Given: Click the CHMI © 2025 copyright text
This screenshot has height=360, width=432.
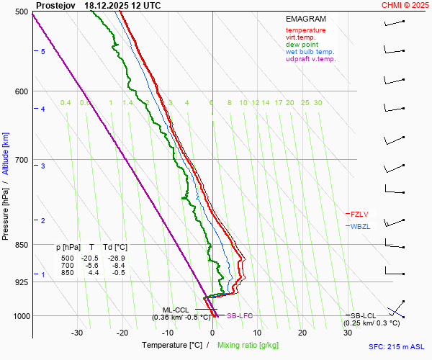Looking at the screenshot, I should click(405, 5).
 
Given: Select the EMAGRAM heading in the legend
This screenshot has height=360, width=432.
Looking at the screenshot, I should click(305, 19).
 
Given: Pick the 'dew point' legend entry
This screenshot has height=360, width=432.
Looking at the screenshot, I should click(302, 45).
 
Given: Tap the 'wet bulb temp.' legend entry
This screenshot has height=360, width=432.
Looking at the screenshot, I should click(310, 52).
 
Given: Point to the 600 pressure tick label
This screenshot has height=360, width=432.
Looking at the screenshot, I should click(20, 91).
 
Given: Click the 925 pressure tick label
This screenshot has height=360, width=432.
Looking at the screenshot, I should click(20, 282).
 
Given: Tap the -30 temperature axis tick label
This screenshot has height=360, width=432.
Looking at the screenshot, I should click(77, 333).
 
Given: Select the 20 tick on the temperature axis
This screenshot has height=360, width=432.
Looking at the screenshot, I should click(302, 333).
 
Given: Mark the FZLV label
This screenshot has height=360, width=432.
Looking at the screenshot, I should click(360, 214).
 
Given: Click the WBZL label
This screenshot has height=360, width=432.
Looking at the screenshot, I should click(360, 226).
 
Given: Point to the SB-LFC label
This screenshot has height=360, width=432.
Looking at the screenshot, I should click(239, 316).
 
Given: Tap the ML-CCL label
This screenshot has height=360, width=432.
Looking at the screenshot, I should click(175, 310).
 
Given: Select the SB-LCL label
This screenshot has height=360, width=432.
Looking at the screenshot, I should click(364, 316).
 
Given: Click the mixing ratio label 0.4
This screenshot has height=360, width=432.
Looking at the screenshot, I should click(66, 103).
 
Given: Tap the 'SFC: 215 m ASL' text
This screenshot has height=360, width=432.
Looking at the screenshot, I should click(398, 347).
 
